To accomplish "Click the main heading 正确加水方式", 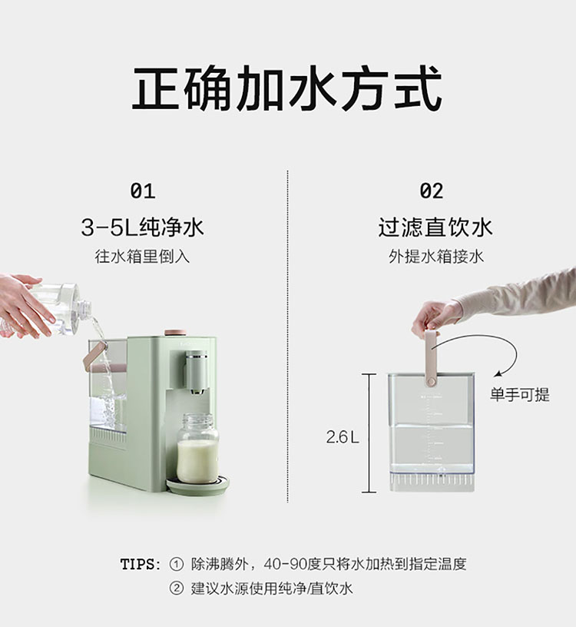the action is click(x=287, y=88).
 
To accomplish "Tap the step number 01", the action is click(x=143, y=191).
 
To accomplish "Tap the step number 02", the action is click(x=432, y=191).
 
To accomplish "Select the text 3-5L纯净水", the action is click(x=142, y=227).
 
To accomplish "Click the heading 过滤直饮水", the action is click(x=435, y=227).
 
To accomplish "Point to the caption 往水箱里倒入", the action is click(x=142, y=257).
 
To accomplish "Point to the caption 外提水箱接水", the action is click(x=436, y=257).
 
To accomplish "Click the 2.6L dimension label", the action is click(x=343, y=436).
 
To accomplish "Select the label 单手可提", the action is click(x=520, y=395).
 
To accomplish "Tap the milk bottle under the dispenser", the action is click(x=198, y=448).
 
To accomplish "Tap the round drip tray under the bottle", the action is click(x=198, y=483).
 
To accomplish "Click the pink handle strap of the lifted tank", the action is click(x=431, y=358).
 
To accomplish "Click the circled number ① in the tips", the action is click(x=177, y=564).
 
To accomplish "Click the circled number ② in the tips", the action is click(x=177, y=589).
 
